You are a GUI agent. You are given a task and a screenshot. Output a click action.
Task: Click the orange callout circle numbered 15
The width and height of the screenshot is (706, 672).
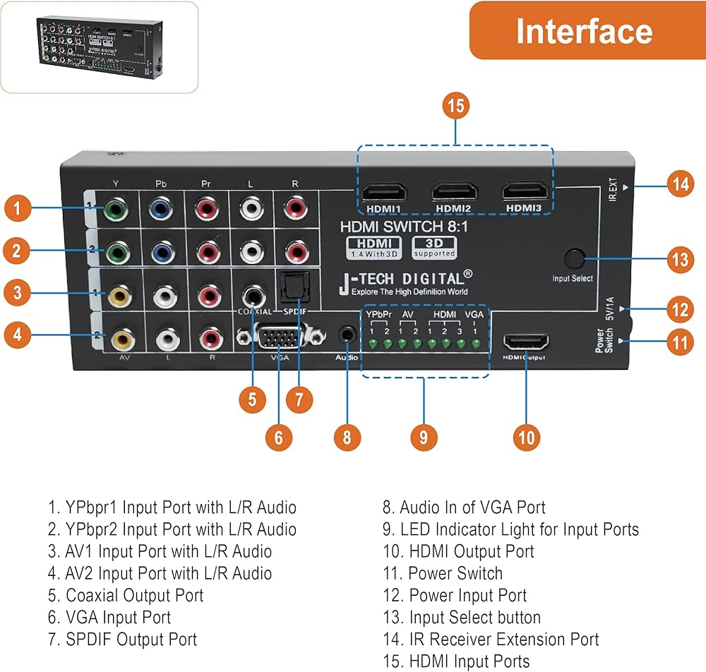click(x=457, y=106)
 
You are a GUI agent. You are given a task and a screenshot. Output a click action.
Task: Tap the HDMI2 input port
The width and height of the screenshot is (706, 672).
click(x=455, y=192)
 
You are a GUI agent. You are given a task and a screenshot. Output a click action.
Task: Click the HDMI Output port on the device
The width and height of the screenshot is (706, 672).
click(x=526, y=343)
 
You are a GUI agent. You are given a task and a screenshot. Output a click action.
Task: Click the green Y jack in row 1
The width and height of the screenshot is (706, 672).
click(x=114, y=209)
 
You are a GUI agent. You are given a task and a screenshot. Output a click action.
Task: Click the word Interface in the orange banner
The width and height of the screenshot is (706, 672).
click(x=584, y=31)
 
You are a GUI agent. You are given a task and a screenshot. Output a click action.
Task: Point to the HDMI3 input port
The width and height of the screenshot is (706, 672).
click(x=525, y=191)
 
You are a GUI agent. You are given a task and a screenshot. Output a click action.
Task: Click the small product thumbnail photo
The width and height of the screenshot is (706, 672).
click(x=98, y=47)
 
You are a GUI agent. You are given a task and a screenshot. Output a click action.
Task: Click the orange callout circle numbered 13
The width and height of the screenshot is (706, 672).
click(x=680, y=259)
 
